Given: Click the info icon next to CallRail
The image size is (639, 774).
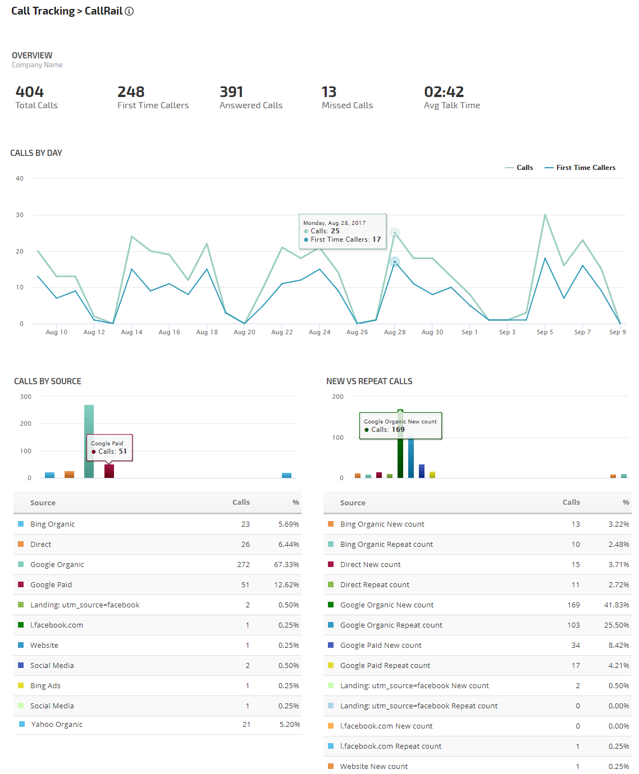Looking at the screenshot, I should point(129,11).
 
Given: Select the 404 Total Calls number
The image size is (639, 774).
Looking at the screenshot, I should point(29,92).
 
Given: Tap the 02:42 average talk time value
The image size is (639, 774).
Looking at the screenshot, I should point(444,92).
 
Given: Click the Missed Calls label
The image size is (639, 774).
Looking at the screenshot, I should point(347,105).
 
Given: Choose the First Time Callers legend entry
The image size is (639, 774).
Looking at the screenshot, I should point(585,168).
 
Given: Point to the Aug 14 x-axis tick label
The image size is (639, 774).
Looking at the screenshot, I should point(131,332).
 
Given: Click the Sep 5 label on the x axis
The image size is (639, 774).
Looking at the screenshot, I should point(545,332).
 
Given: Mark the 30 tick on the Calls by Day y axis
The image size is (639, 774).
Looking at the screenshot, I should point(20,215).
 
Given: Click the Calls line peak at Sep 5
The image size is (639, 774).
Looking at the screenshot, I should point(545,215).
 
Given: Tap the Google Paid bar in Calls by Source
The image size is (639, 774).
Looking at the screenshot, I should point(109,471).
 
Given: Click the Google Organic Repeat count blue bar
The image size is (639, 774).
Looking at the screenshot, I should point(411,458).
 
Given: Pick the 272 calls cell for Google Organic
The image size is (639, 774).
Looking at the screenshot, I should point(243,565).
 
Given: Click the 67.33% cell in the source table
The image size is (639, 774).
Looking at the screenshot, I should point(286,565).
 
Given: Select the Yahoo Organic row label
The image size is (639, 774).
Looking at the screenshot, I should point(57,725).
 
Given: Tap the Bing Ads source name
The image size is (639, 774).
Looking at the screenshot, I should point(45,686).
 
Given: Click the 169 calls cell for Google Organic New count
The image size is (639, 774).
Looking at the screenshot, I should point(573,605).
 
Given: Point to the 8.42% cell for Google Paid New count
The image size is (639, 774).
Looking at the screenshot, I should point(618,646).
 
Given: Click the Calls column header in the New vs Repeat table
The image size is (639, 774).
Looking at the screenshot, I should point(571,503).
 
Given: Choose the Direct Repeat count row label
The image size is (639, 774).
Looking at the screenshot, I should point(375,585).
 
